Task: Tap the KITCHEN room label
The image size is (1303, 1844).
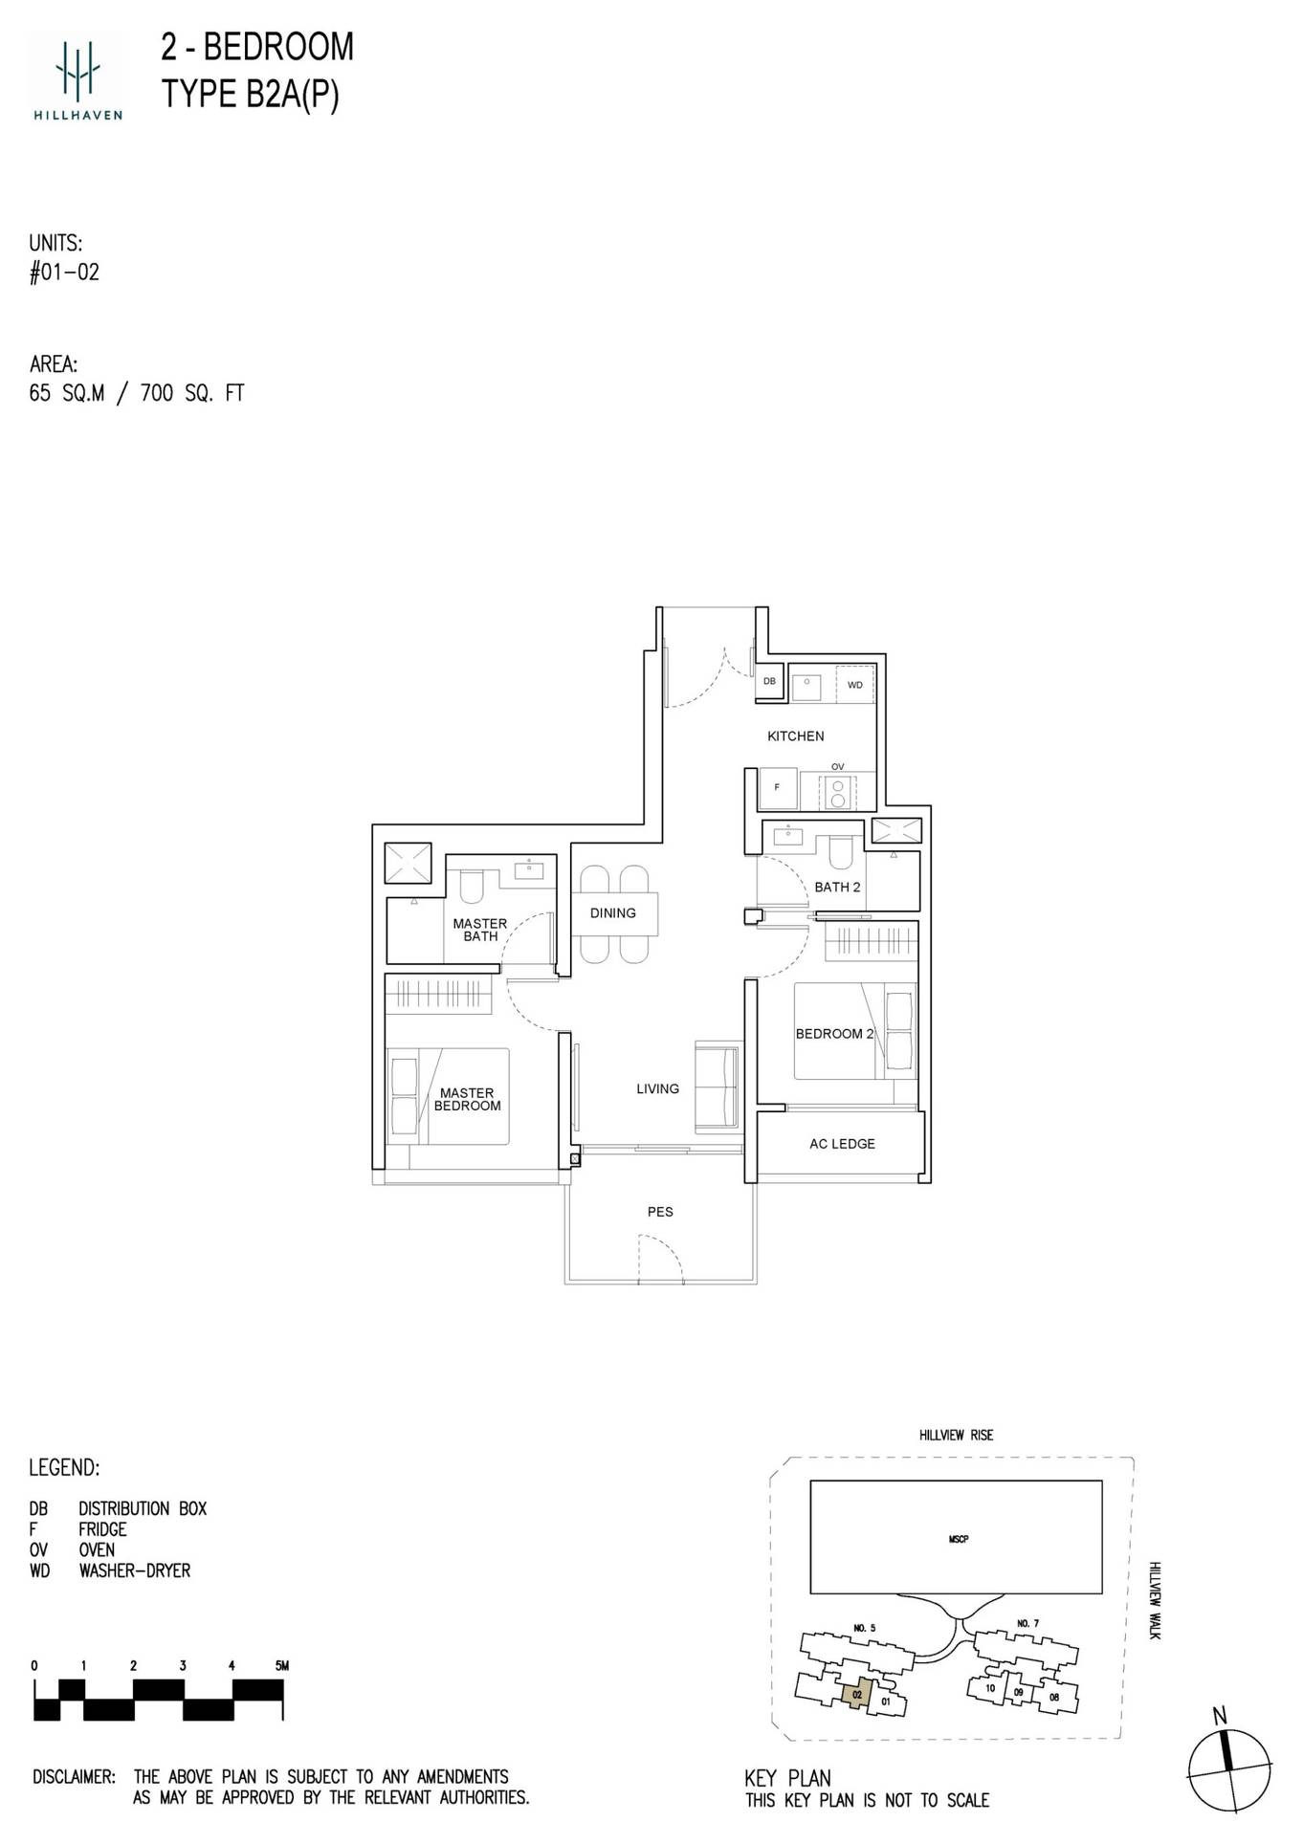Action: [x=795, y=735]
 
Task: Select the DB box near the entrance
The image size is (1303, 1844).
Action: [x=770, y=682]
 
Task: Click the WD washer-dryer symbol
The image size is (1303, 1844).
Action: [x=854, y=685]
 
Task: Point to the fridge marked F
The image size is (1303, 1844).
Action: [x=778, y=788]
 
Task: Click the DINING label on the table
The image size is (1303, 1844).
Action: [x=613, y=912]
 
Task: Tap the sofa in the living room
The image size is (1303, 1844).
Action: [x=717, y=1087]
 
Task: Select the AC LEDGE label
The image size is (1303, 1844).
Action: [x=842, y=1143]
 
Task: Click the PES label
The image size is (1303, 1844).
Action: [x=660, y=1211]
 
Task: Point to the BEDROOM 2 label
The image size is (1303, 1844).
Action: [x=834, y=1033]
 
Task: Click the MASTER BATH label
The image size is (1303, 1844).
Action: [x=480, y=930]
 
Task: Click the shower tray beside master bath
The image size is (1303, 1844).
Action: [x=408, y=863]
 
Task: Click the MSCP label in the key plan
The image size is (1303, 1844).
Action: [x=959, y=1539]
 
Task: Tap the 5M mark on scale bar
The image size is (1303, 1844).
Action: [x=281, y=1665]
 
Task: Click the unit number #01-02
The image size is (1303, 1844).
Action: [x=64, y=273]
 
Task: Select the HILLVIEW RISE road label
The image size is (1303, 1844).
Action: [x=956, y=1435]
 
